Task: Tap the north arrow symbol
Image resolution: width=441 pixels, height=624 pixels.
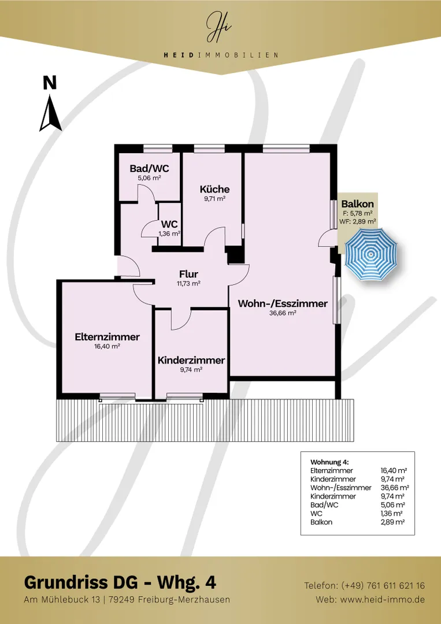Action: (50, 113)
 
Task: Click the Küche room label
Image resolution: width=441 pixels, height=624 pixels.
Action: (214, 189)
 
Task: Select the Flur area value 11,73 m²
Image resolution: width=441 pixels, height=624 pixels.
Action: (188, 284)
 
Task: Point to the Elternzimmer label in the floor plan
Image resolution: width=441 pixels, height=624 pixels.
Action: (108, 337)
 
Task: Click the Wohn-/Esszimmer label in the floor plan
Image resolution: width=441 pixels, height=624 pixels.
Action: (283, 304)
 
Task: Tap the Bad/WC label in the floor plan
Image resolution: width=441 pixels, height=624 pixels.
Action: (149, 169)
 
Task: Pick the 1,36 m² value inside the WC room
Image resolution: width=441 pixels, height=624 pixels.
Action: (169, 233)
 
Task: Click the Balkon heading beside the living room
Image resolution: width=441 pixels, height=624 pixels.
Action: (357, 204)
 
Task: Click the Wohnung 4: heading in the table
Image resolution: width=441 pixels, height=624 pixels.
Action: (329, 462)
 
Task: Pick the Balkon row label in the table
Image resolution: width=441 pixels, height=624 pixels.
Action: (321, 522)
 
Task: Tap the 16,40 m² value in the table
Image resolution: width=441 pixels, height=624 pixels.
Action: (393, 470)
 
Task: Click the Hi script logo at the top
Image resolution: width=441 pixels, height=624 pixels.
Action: (219, 27)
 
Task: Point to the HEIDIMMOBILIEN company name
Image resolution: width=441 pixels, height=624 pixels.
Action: (221, 55)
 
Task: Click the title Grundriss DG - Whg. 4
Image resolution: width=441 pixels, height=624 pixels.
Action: (120, 582)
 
